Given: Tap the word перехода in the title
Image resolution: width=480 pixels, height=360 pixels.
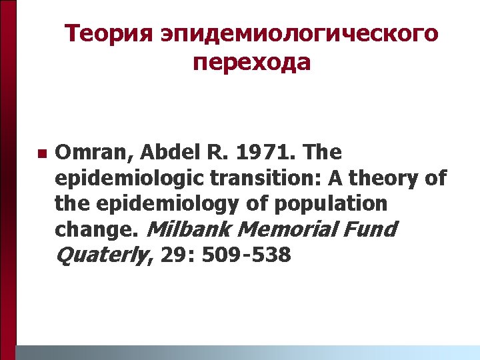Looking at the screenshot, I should [252, 63].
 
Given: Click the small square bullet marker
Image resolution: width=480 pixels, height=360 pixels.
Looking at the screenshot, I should [41, 154].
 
